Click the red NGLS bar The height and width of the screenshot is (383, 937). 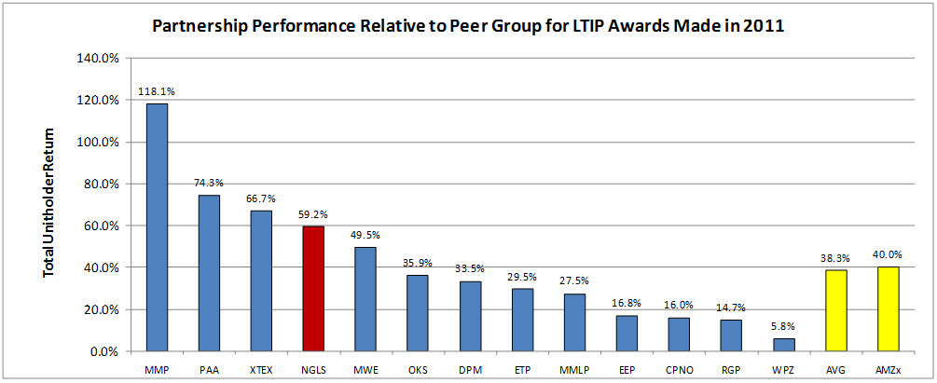pos(312,289)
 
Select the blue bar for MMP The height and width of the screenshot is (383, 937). pos(157,227)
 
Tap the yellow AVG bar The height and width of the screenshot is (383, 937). pos(834,310)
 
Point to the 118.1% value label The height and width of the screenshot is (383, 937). pos(157,92)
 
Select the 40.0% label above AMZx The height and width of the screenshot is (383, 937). pos(887,255)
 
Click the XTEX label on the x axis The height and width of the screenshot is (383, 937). pos(261,368)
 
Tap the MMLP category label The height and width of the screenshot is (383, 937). pos(573,368)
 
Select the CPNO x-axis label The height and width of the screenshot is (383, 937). pos(678,368)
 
